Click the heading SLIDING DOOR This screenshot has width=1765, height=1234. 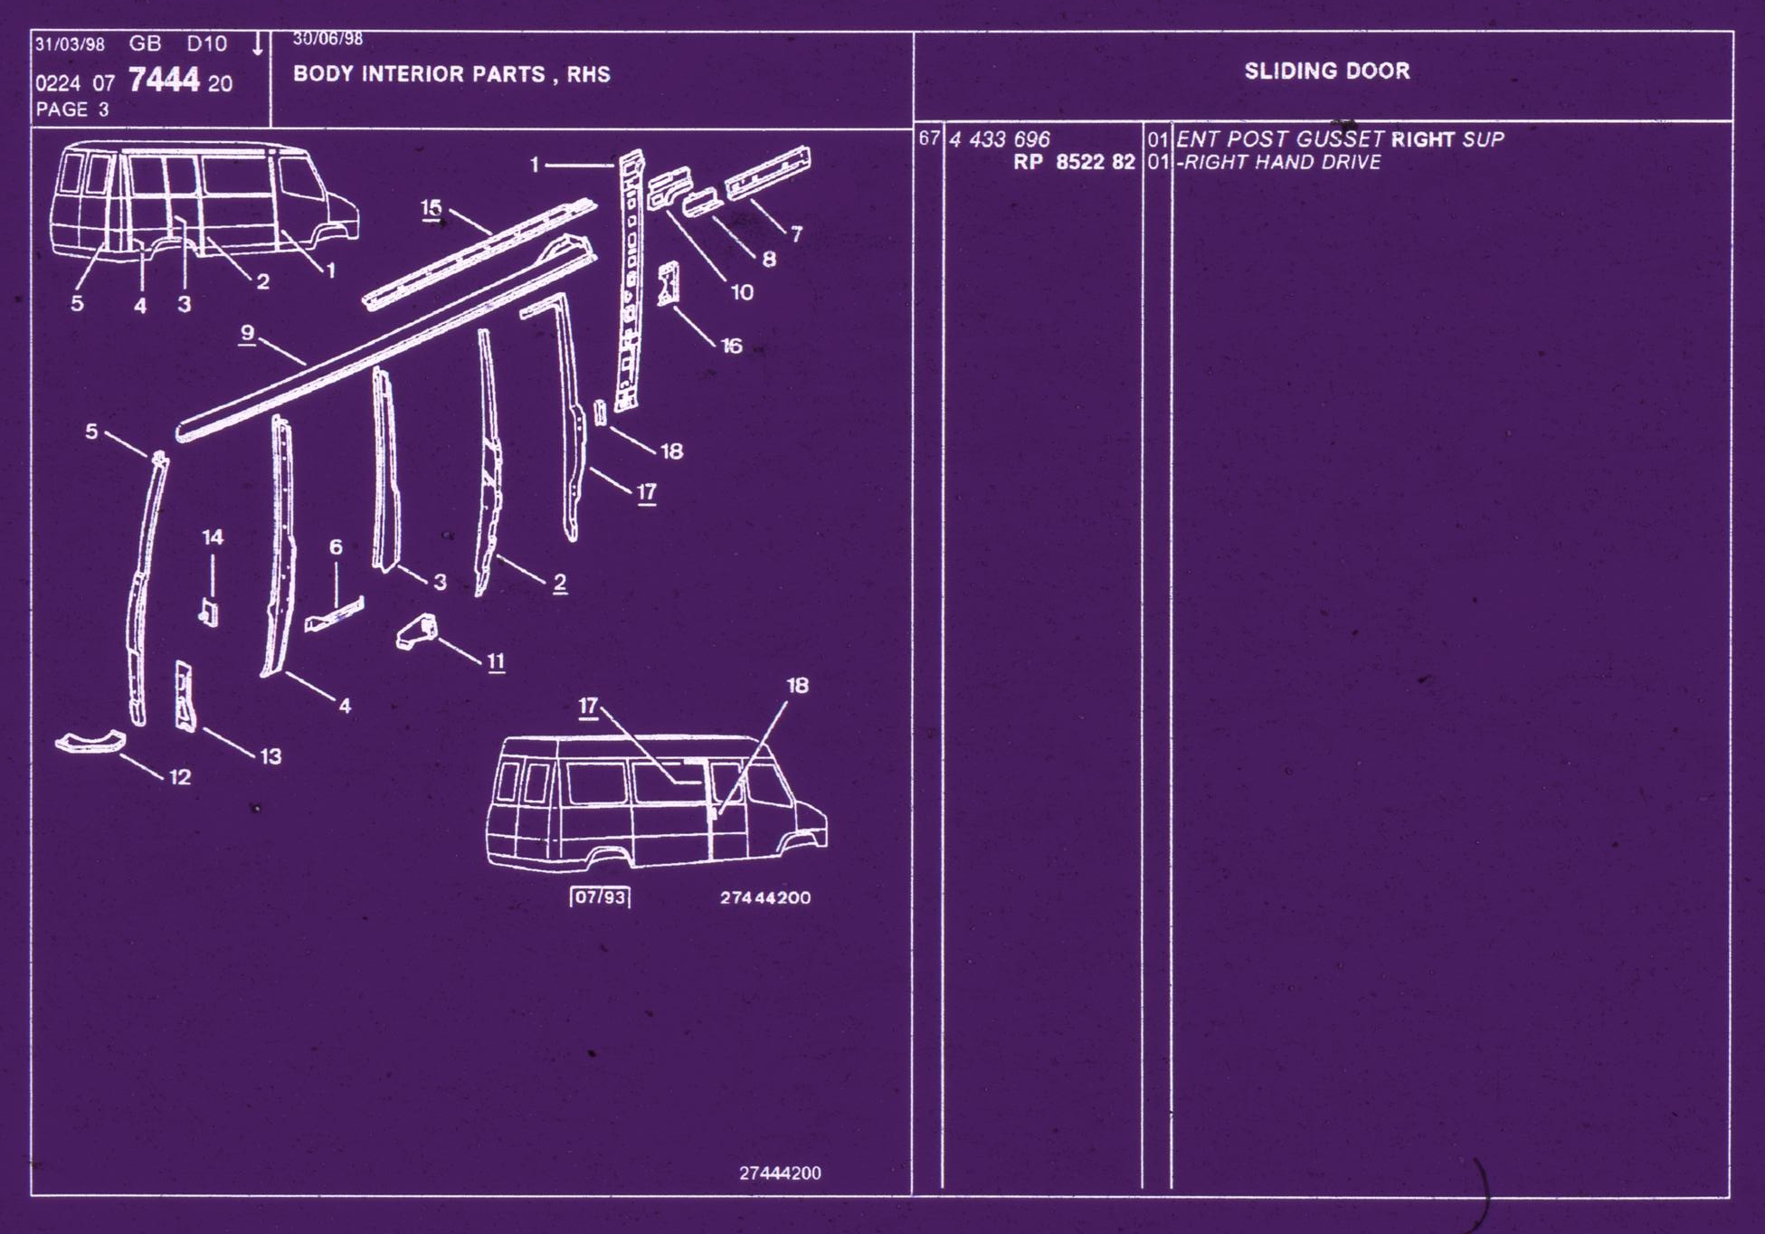click(1327, 71)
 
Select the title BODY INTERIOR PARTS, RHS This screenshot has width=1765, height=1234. click(451, 74)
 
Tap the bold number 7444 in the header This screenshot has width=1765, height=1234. click(164, 81)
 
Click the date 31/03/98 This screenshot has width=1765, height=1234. click(70, 44)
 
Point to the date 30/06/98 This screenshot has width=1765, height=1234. click(327, 39)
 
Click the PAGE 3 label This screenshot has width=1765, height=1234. click(72, 109)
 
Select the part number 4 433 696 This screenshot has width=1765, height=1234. click(1000, 139)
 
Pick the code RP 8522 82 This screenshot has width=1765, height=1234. click(1074, 162)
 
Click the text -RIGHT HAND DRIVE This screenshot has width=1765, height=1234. click(1279, 162)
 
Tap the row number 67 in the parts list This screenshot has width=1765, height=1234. click(929, 138)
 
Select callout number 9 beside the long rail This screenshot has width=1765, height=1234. click(248, 334)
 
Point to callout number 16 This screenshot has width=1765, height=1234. click(731, 346)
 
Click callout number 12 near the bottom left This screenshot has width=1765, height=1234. click(180, 777)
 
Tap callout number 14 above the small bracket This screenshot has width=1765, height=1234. click(213, 537)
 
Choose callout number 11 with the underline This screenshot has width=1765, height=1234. click(496, 662)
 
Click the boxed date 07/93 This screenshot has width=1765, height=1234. click(600, 897)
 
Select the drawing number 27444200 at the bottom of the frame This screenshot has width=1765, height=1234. click(780, 1173)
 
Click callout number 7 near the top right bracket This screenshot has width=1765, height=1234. click(796, 234)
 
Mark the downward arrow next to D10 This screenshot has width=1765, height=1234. click(258, 43)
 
